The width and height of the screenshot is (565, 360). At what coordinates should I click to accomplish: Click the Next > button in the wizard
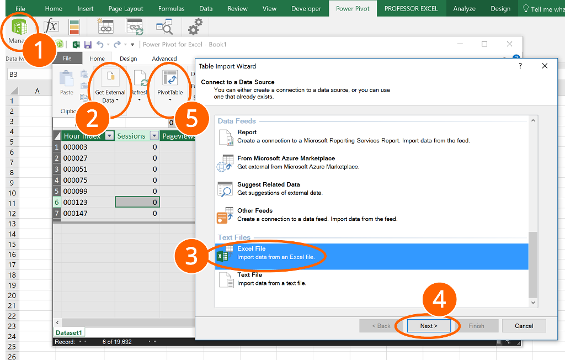click(x=429, y=326)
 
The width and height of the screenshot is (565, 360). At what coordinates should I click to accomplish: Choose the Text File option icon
click(x=226, y=279)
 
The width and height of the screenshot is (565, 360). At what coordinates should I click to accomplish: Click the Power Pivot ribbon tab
click(x=353, y=9)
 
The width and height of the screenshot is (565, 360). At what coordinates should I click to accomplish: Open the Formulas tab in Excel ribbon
click(x=171, y=9)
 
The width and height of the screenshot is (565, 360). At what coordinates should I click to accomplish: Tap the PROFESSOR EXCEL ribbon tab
click(x=411, y=9)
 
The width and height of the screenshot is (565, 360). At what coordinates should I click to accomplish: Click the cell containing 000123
click(x=76, y=202)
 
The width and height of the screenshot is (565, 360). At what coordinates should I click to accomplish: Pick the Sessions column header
click(x=131, y=136)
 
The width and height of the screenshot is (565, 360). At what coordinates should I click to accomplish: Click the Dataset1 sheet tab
click(x=69, y=333)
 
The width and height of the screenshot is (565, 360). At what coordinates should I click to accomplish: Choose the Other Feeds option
click(x=255, y=211)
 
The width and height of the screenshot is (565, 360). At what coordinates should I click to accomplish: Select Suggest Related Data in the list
click(x=269, y=185)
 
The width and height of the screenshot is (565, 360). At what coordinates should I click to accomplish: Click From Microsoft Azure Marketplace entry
click(x=286, y=158)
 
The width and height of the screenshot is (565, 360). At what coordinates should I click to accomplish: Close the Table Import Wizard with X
click(x=545, y=66)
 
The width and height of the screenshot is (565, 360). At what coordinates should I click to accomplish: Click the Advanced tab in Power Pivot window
click(x=164, y=59)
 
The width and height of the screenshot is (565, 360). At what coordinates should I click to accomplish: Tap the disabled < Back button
click(x=380, y=326)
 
